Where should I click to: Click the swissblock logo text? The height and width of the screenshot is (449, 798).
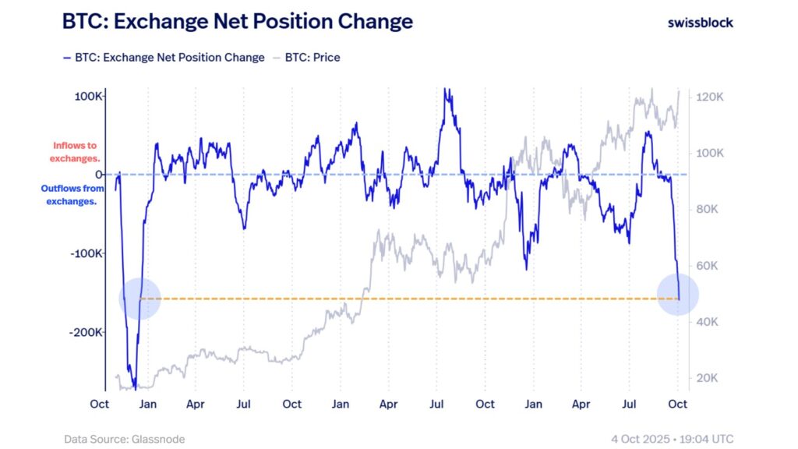click(x=700, y=23)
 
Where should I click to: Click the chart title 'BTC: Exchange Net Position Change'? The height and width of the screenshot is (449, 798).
click(x=238, y=22)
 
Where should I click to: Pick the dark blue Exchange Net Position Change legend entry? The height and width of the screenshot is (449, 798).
click(x=164, y=58)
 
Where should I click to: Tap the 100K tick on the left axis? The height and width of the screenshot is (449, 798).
click(x=89, y=96)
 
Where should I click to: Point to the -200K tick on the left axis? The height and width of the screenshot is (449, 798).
click(x=87, y=332)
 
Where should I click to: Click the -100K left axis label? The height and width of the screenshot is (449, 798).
click(x=87, y=253)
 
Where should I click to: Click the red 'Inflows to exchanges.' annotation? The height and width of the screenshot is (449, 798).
click(x=75, y=151)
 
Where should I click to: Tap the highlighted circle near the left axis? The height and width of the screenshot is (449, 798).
click(x=140, y=298)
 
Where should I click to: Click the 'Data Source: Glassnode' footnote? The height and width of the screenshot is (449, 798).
click(x=125, y=440)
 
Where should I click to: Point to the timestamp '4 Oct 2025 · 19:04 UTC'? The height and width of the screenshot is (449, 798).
click(x=673, y=440)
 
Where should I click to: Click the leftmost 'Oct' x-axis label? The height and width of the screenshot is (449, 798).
click(x=99, y=404)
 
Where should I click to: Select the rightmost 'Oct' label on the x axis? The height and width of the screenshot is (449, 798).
click(x=678, y=404)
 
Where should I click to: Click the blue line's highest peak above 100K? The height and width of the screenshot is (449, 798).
click(x=447, y=90)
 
